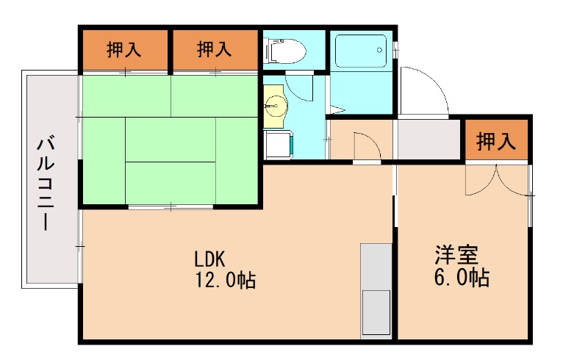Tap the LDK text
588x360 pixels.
click(x=209, y=259)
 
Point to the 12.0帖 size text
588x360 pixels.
click(x=225, y=280)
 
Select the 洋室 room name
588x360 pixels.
click(x=456, y=255)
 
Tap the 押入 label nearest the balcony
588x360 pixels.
click(x=124, y=50)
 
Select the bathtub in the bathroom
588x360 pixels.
click(x=361, y=51)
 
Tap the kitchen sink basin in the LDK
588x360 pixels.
click(x=376, y=312)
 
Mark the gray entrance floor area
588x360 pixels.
click(x=429, y=140)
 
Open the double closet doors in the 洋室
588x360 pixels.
click(x=498, y=180)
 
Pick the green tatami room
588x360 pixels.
click(x=171, y=140)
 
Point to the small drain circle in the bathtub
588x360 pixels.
click(x=380, y=51)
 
